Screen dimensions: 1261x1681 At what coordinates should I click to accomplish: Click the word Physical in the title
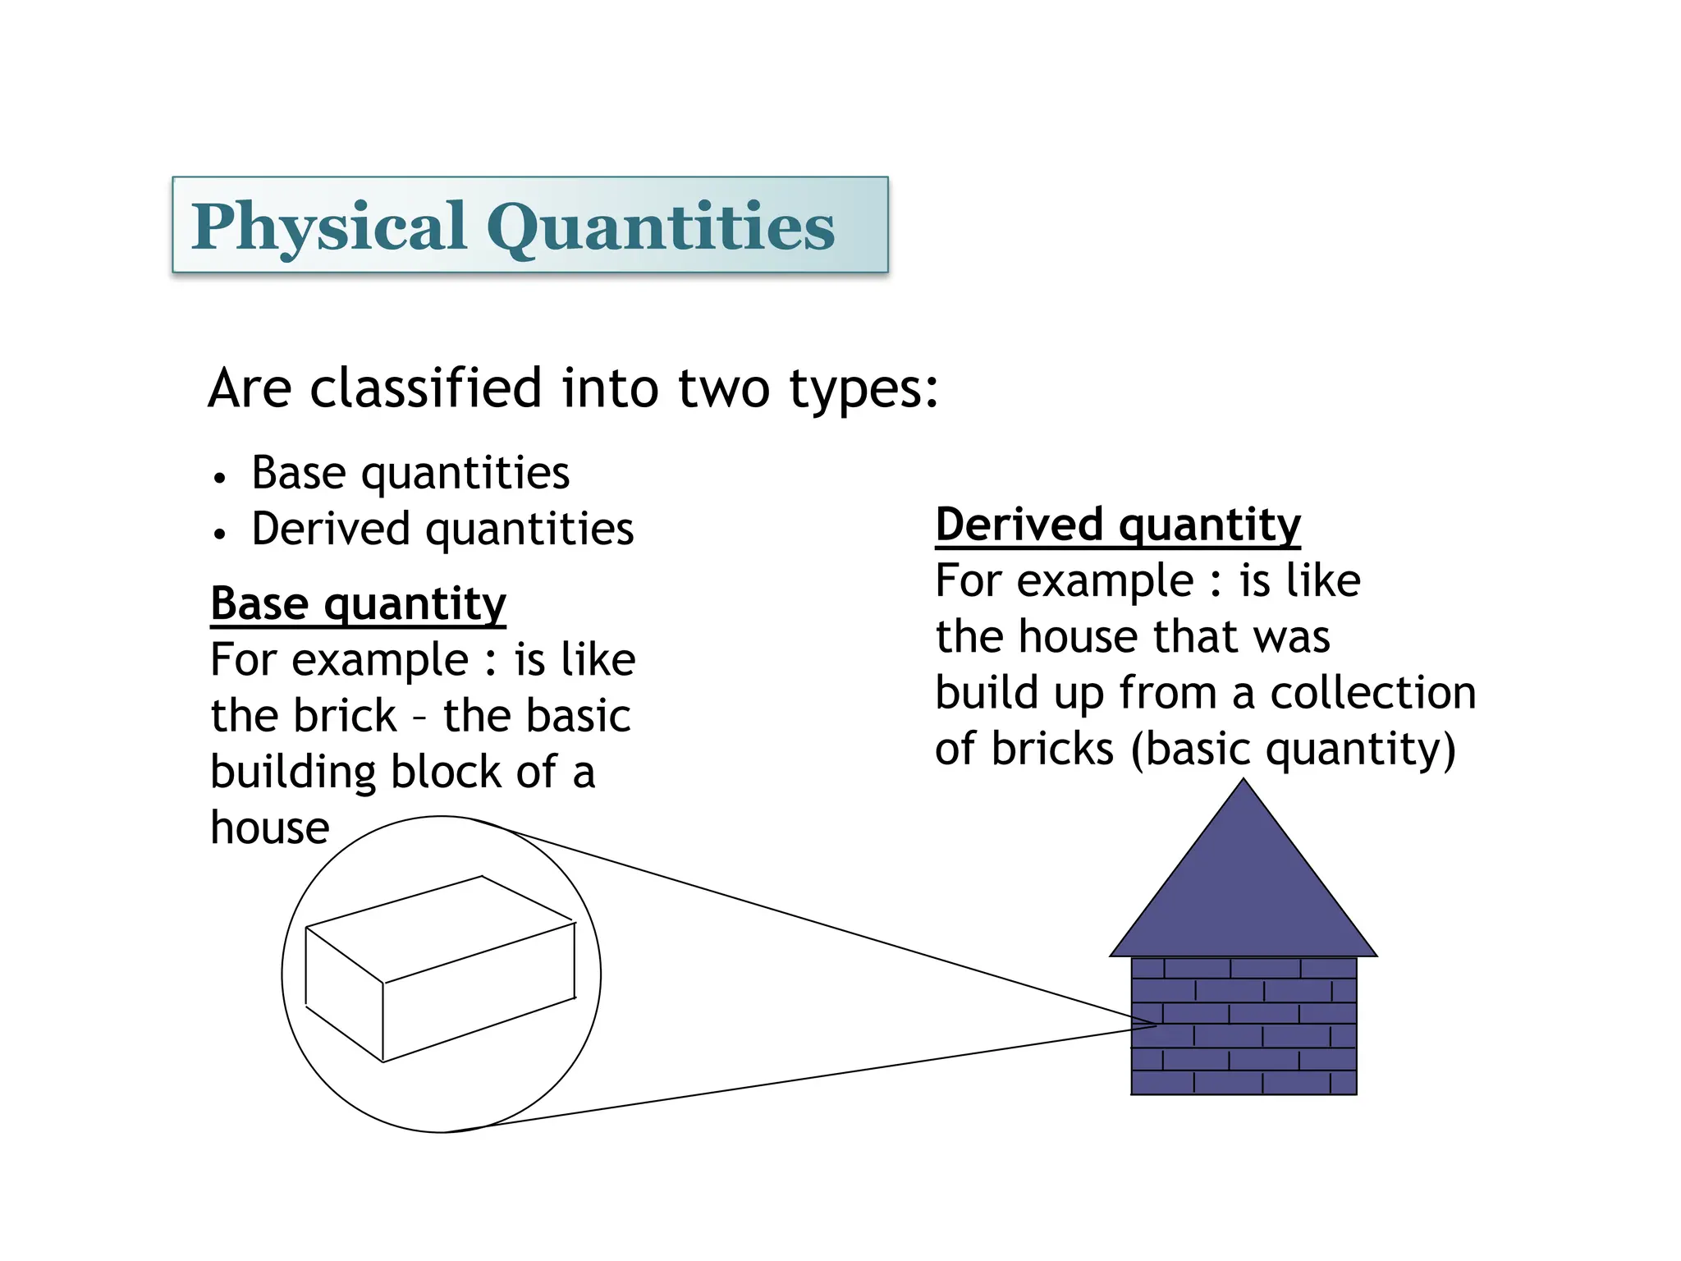[x=328, y=227]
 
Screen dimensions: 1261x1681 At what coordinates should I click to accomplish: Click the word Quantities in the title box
[x=661, y=227]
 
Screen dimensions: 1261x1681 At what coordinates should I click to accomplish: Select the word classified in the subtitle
[x=425, y=388]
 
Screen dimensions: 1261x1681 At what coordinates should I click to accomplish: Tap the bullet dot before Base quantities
[x=218, y=478]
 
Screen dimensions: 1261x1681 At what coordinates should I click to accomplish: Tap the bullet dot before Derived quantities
[x=218, y=534]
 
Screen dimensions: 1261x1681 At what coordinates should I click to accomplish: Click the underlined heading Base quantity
[x=358, y=604]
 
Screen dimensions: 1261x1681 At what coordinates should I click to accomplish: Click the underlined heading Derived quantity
[x=1118, y=525]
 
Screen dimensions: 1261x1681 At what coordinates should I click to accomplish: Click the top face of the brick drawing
[x=440, y=928]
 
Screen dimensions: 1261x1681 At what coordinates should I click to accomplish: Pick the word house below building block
[x=270, y=828]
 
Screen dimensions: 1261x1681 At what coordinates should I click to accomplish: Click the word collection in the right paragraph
[x=1373, y=693]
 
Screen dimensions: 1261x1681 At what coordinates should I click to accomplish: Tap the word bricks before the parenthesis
[x=1052, y=749]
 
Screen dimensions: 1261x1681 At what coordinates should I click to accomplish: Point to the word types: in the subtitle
[x=863, y=388]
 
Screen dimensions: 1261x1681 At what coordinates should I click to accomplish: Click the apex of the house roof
[x=1244, y=782]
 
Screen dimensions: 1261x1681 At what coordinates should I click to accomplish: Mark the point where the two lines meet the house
[x=1156, y=1025]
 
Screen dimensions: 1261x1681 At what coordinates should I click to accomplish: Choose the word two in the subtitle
[x=723, y=388]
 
